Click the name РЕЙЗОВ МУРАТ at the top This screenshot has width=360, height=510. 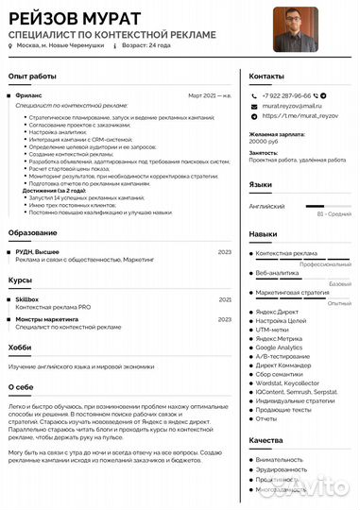pos(74,18)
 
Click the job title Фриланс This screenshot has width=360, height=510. pos(29,95)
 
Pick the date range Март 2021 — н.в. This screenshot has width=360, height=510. pos(210,95)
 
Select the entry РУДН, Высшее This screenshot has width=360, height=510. pos(37,252)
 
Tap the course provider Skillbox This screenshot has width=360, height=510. pos(27,298)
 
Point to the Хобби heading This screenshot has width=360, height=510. pos(20,348)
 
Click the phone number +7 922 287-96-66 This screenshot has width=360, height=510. pos(286,96)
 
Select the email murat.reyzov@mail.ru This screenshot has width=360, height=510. pos(292,108)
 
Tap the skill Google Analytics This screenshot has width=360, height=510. pos(279,348)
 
